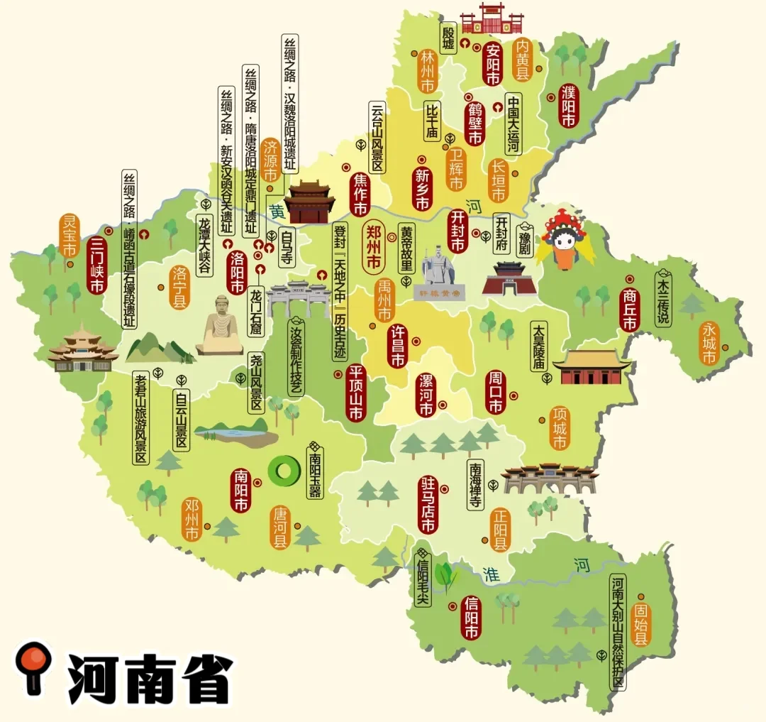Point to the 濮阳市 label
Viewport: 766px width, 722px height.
(568, 106)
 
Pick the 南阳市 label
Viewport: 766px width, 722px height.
(240, 491)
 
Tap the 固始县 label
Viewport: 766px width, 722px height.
(641, 625)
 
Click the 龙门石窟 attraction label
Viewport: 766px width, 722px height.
(256, 312)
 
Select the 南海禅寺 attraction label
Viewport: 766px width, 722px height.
(475, 486)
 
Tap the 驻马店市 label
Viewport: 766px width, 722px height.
(427, 505)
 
